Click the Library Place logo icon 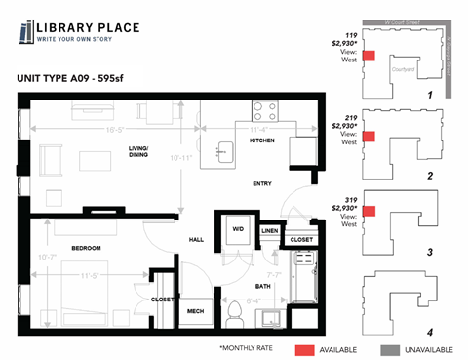point(26,33)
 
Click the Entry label point(260,183)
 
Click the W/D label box point(238,230)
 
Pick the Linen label point(270,231)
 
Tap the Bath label point(262,285)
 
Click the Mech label point(195,312)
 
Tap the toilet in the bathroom point(234,314)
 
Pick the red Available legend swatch point(305,348)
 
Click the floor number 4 point(429,332)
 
